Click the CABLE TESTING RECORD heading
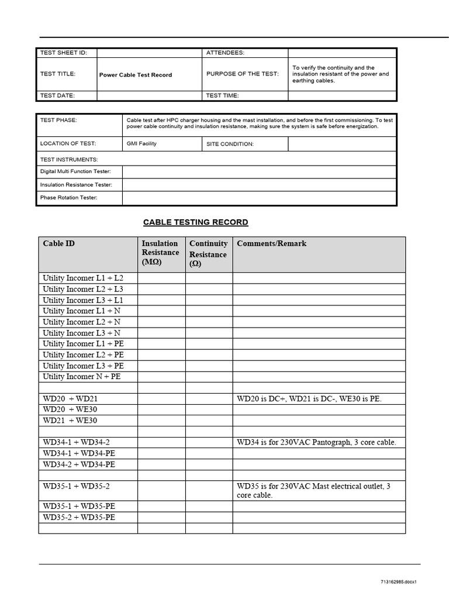[196, 222]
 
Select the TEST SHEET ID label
[63, 53]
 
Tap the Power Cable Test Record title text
[136, 75]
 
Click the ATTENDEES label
[225, 53]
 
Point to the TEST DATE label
[57, 95]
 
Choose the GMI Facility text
[141, 143]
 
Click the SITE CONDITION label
[230, 144]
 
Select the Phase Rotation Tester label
[68, 198]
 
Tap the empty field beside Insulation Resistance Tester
[259, 185]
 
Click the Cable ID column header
[58, 243]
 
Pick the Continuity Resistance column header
[208, 253]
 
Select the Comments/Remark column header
[271, 243]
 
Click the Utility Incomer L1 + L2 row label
[83, 278]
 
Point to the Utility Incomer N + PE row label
[81, 377]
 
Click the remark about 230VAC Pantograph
[316, 442]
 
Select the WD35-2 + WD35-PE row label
[79, 517]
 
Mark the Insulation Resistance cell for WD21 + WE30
[161, 421]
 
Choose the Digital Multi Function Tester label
[80, 171]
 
